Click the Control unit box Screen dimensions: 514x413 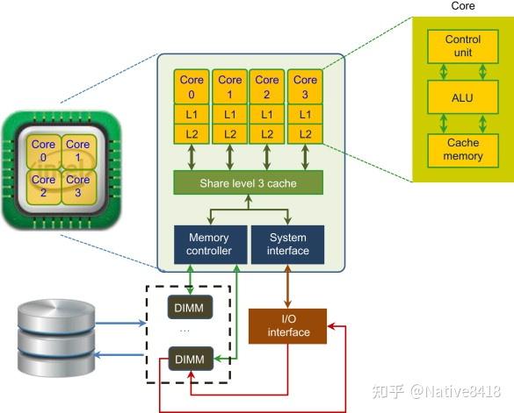click(463, 46)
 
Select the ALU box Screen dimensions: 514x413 click(463, 97)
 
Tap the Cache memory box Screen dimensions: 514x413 click(463, 150)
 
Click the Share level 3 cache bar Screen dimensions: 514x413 click(248, 182)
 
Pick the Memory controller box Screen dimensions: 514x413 click(211, 245)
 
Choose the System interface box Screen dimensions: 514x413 click(288, 245)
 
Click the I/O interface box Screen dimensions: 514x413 click(288, 326)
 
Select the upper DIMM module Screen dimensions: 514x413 click(190, 307)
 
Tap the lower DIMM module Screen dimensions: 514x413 click(191, 359)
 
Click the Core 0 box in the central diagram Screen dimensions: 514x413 click(192, 87)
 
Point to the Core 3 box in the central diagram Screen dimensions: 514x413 click(305, 87)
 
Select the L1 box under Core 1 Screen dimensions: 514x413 click(230, 114)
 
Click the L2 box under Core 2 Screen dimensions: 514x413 click(267, 134)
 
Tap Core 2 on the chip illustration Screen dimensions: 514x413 click(44, 187)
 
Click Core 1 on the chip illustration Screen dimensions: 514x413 click(79, 151)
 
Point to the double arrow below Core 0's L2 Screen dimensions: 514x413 click(192, 158)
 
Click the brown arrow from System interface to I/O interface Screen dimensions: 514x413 click(288, 287)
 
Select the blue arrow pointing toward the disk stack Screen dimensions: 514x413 click(119, 355)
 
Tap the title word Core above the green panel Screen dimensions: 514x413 click(463, 5)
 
